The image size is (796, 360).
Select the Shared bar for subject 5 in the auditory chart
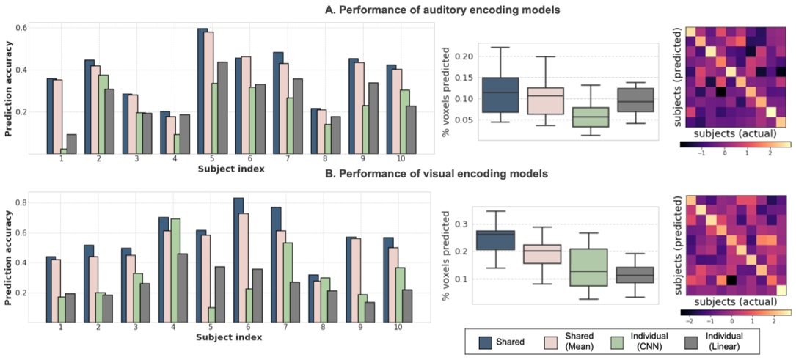202,92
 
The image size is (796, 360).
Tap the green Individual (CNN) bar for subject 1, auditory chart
65,151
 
